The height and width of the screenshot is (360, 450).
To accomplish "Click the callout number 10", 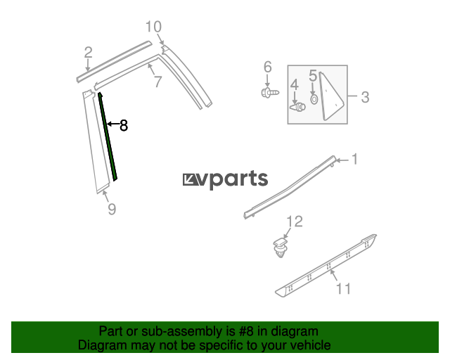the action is [x=153, y=27].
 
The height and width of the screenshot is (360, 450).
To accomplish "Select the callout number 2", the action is [x=89, y=53].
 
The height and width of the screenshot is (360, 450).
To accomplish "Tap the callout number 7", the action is [x=158, y=82].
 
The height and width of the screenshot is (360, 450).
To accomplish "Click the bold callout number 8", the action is [x=124, y=125].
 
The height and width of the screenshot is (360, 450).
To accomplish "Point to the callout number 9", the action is [x=112, y=209].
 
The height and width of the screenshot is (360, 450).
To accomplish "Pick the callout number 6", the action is [x=267, y=67].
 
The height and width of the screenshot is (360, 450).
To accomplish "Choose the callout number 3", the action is [x=365, y=97].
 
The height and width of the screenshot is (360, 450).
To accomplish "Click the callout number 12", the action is [x=295, y=221].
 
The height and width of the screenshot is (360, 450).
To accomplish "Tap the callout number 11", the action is [x=343, y=288].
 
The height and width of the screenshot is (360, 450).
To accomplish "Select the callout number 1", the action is [x=355, y=159].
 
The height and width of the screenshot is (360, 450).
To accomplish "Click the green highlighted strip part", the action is [x=108, y=136].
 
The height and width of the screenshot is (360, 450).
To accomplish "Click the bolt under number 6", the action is [x=270, y=93].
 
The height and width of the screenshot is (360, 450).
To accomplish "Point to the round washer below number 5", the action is [x=314, y=99].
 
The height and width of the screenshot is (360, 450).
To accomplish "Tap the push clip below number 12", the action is [x=280, y=247].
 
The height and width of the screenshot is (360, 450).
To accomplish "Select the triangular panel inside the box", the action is [x=330, y=96].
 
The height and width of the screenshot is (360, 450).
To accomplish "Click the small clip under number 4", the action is [x=298, y=107].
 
